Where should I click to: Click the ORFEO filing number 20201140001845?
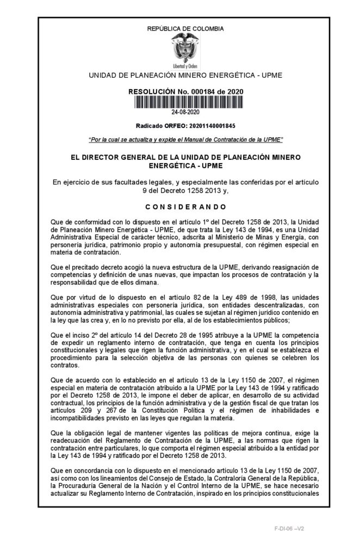click(x=209, y=125)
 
